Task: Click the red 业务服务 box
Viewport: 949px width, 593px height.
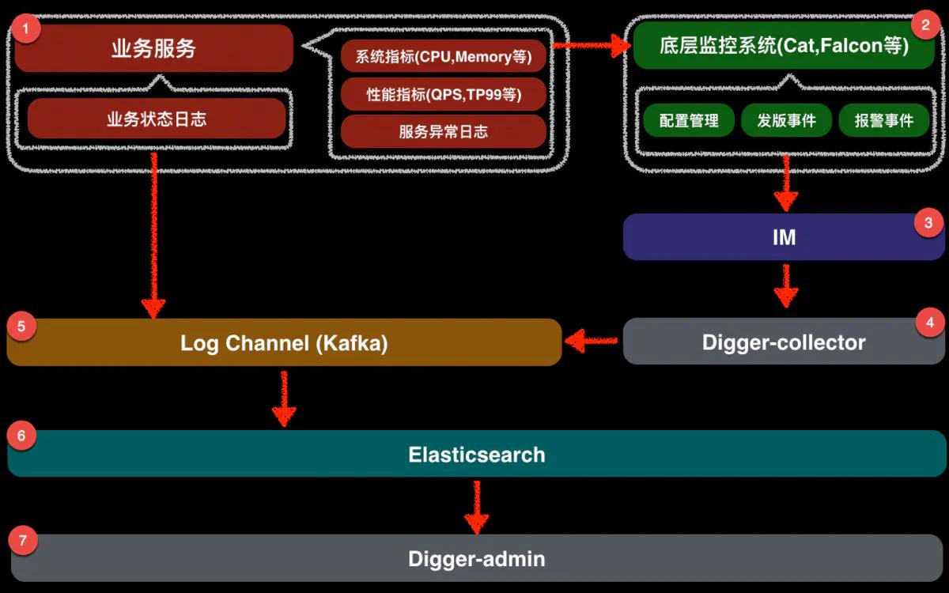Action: pos(153,48)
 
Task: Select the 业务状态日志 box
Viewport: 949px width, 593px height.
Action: pos(157,119)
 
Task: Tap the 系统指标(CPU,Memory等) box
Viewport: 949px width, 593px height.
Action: pos(444,57)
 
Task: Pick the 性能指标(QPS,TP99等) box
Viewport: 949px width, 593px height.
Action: pos(444,94)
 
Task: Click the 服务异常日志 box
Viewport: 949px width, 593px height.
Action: pos(444,131)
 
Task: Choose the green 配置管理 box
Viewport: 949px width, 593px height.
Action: pos(689,120)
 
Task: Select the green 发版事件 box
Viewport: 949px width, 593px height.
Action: pos(786,120)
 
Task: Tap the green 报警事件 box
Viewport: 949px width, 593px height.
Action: pos(884,120)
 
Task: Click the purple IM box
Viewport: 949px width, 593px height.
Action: pos(784,236)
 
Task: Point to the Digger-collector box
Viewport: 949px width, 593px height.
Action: pos(784,342)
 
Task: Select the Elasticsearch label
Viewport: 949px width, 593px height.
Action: pos(477,455)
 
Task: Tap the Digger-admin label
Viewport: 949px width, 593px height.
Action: pos(477,559)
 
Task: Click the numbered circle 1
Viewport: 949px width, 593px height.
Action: pos(28,29)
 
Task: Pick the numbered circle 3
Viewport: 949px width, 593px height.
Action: pos(928,223)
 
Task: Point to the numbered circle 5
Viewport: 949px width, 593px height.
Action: pos(21,326)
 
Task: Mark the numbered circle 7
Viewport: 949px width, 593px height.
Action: pos(22,541)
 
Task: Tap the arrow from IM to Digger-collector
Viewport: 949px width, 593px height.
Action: pos(785,286)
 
